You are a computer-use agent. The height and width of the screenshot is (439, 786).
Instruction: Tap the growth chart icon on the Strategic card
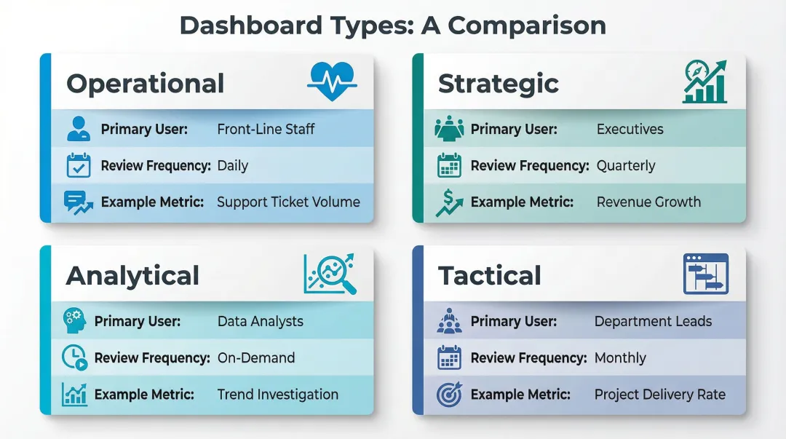click(x=704, y=82)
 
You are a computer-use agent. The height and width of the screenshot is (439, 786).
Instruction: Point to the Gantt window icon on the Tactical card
click(x=705, y=274)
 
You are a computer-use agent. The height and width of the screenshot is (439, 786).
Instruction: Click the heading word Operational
click(x=146, y=84)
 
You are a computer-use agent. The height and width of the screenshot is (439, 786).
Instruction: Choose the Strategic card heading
click(x=498, y=84)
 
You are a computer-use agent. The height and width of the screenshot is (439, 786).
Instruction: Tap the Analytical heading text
click(x=132, y=276)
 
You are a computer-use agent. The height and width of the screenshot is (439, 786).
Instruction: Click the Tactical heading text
click(x=489, y=276)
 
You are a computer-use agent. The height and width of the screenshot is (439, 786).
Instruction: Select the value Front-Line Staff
click(x=266, y=130)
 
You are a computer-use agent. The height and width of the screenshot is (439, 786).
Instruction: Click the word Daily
click(x=233, y=166)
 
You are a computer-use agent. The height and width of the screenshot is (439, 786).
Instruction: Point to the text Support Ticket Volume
click(x=288, y=202)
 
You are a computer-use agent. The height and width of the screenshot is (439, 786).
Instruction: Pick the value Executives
click(x=630, y=130)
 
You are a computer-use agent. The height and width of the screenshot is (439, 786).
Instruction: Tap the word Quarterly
click(x=625, y=166)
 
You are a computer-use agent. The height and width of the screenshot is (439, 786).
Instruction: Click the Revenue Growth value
click(x=648, y=202)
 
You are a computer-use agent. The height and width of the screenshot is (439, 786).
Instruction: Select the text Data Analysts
click(x=261, y=322)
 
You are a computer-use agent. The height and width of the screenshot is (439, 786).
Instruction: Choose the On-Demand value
click(x=256, y=358)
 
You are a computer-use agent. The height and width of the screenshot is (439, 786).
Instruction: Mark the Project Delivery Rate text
click(x=659, y=395)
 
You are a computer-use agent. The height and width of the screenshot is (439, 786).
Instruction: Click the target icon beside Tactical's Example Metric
click(x=449, y=395)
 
